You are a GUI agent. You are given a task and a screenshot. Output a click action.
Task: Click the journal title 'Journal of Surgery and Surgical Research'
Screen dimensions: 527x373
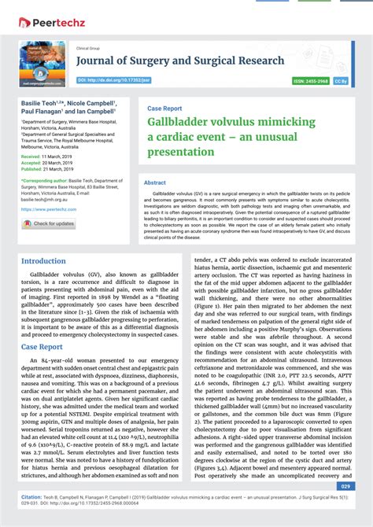180,61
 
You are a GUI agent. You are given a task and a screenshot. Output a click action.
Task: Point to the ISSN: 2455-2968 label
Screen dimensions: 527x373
310,80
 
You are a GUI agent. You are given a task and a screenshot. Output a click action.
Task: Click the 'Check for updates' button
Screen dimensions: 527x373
49,223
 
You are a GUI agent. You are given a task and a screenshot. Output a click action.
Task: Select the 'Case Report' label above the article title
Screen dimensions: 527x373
164,109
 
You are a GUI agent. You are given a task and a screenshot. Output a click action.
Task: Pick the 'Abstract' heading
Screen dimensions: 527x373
154,182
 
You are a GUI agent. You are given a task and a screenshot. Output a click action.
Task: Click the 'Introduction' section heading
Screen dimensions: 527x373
43,261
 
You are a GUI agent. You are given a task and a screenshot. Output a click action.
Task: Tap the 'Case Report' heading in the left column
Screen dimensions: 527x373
42,346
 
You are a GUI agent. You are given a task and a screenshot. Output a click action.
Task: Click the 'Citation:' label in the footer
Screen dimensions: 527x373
31,497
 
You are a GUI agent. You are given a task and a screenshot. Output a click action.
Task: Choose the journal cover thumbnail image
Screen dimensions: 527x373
43,62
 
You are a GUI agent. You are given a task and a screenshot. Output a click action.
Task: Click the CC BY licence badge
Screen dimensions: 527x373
341,80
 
